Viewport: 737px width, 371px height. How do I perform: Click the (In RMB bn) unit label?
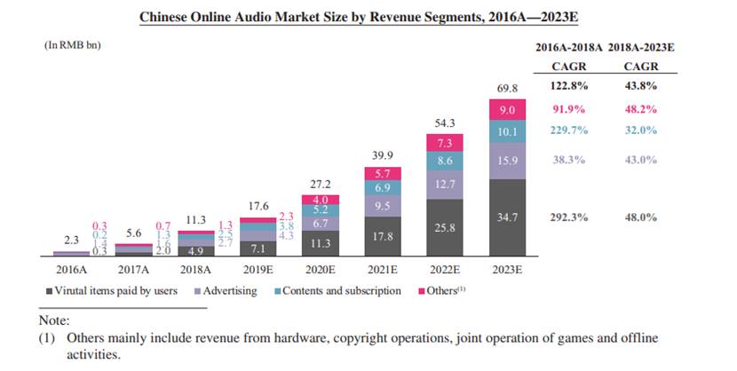[72, 43]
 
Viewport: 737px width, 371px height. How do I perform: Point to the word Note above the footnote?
[54, 320]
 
